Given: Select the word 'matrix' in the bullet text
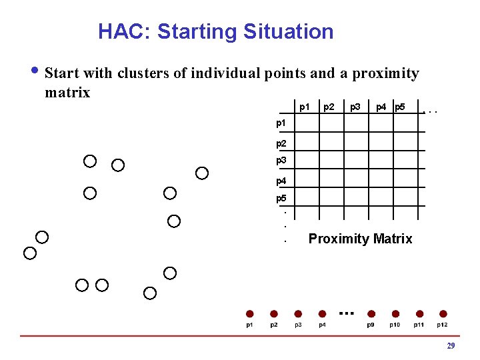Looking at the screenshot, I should pyautogui.click(x=67, y=92).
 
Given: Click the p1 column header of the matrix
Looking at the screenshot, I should pyautogui.click(x=304, y=107).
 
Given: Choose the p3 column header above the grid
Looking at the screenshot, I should pyautogui.click(x=355, y=107).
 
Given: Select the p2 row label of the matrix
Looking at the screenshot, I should pyautogui.click(x=281, y=143).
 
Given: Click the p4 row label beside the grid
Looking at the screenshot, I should pyautogui.click(x=281, y=181).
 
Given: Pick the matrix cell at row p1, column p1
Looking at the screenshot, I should pyautogui.click(x=306, y=123).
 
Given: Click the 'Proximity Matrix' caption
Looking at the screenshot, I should pyautogui.click(x=360, y=239).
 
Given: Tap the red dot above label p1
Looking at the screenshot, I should pyautogui.click(x=249, y=313).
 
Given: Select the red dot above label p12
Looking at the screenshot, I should pyautogui.click(x=443, y=313).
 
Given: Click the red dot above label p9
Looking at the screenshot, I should pyautogui.click(x=371, y=313).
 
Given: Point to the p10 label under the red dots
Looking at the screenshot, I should pyautogui.click(x=395, y=325).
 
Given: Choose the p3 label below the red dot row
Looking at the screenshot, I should pyautogui.click(x=298, y=325).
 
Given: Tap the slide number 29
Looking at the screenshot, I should pyautogui.click(x=451, y=345).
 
